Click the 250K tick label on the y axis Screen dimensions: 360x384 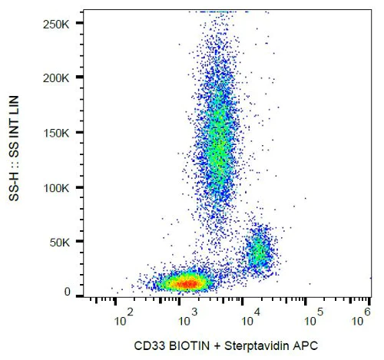coord(57,24)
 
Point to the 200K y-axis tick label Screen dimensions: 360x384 coord(57,78)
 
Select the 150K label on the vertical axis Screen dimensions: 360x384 coord(57,133)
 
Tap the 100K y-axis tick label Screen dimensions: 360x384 coord(57,188)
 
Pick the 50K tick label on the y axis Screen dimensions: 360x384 coord(60,243)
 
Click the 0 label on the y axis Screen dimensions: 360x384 coord(68,292)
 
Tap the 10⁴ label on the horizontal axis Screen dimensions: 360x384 coord(250,315)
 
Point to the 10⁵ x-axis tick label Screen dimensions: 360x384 coord(315,315)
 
